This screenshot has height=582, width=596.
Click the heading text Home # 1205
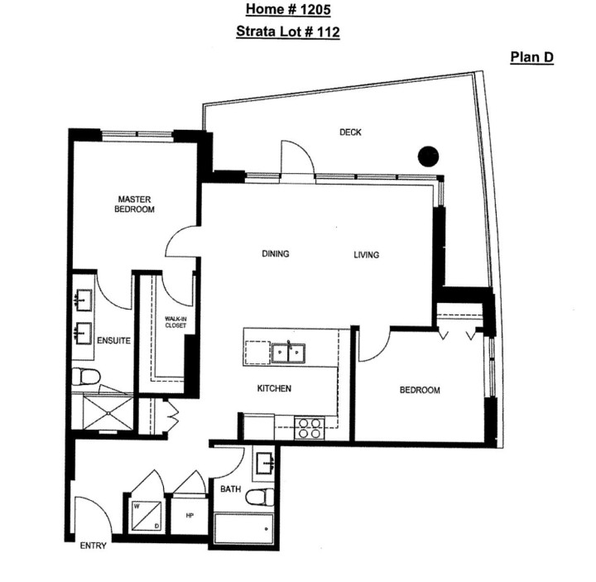[287, 10]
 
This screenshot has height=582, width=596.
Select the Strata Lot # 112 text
[287, 32]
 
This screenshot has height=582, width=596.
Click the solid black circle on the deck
[427, 155]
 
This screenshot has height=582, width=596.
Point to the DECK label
[351, 132]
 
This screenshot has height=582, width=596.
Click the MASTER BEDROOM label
[134, 204]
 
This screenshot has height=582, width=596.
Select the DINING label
[276, 254]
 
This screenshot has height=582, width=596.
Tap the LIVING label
[366, 255]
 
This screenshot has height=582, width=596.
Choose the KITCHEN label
[274, 388]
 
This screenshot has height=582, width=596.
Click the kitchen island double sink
[287, 354]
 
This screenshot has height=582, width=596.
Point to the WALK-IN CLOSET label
[175, 323]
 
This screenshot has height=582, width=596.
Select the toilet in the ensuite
[84, 378]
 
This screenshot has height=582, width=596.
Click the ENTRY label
[93, 546]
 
